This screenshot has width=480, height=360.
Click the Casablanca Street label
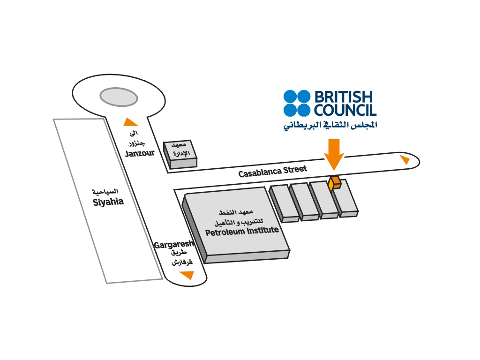point(272,171)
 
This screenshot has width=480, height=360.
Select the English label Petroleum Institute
point(242,231)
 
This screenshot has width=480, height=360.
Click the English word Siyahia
point(108,202)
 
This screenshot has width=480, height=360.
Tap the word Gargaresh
point(174,245)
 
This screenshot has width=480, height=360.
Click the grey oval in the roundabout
point(118,97)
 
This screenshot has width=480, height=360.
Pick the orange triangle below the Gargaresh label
point(187,275)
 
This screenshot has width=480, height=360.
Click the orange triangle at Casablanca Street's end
point(404,160)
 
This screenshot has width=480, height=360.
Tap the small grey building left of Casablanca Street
point(180,155)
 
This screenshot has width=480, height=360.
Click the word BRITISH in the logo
point(343,97)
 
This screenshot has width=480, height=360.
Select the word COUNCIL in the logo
point(345,111)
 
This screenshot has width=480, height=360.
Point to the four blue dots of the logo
point(297,103)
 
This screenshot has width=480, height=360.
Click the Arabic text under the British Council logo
point(330,125)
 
